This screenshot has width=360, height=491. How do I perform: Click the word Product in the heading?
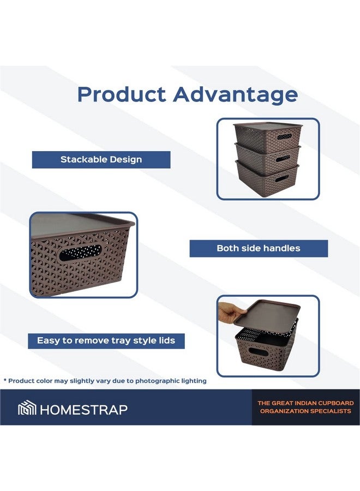[122, 94]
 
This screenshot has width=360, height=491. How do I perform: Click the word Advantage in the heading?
[236, 95]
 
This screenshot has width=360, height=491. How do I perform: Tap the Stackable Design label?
[101, 160]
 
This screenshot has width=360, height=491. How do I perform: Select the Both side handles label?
[259, 248]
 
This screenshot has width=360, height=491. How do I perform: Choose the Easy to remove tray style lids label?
[106, 340]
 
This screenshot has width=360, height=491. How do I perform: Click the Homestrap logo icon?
[27, 408]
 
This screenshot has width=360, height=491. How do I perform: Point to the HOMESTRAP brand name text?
[83, 410]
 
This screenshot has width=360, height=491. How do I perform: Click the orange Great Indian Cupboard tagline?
[305, 407]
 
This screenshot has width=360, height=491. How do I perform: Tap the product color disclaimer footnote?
[105, 381]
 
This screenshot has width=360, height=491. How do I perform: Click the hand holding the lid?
[231, 312]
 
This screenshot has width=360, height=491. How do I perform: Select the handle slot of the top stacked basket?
[284, 137]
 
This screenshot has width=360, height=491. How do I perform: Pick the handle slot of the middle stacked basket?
[283, 158]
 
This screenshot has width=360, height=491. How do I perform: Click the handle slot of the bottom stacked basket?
[282, 178]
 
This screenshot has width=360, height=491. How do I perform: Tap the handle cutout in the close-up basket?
[80, 253]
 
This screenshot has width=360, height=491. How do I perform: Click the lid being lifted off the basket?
[267, 312]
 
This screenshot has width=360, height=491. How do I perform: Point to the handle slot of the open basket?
[258, 352]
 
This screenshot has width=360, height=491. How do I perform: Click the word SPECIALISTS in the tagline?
[327, 411]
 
